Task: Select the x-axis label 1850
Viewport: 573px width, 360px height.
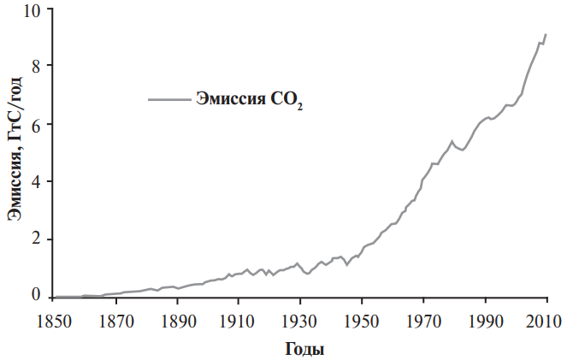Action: [x=55, y=322]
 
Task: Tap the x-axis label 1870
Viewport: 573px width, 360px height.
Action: [x=115, y=322]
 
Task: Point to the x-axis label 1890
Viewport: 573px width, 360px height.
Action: [x=177, y=322]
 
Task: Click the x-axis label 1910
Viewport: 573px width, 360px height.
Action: [x=239, y=322]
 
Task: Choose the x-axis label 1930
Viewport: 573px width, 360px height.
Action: [x=300, y=322]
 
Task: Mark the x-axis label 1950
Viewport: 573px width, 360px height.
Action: [x=362, y=322]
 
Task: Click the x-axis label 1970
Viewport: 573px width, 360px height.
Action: [x=423, y=322]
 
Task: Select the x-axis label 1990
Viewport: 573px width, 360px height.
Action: [x=485, y=322]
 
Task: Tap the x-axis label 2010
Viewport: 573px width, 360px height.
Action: [x=546, y=322]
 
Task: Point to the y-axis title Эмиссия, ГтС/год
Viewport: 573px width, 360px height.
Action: [x=15, y=149]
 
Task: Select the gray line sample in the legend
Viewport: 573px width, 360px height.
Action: [x=169, y=99]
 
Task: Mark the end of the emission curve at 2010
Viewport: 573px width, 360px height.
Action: [x=546, y=35]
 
